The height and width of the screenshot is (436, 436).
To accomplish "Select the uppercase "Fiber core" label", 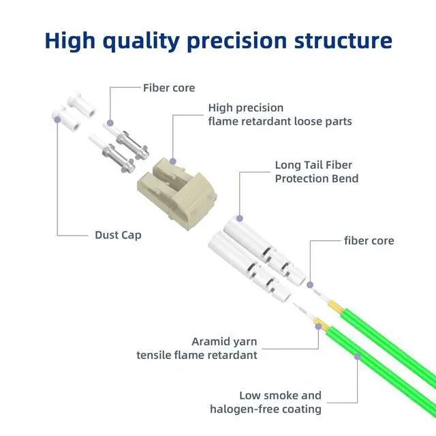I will (x=169, y=88).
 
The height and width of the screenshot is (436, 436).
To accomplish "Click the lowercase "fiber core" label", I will (x=369, y=241).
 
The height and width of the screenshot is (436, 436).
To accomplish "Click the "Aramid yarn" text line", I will (x=225, y=341).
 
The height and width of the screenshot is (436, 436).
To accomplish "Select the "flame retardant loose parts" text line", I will (x=279, y=121).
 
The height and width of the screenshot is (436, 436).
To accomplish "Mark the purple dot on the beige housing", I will (x=173, y=162).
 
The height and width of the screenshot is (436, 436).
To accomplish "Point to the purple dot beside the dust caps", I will (x=57, y=120).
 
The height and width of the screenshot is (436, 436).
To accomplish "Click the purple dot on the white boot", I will (x=239, y=219).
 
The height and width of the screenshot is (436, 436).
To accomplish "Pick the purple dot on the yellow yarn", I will (x=317, y=326).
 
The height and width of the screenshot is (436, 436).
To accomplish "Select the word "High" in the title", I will (x=71, y=41).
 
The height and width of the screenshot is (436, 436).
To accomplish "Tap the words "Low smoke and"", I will (x=280, y=395).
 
